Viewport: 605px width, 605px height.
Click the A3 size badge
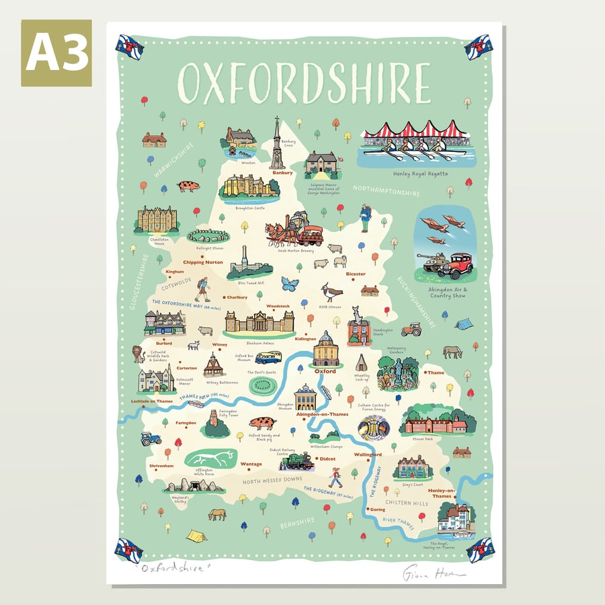click(x=56, y=52)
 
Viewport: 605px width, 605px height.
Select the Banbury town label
click(x=282, y=173)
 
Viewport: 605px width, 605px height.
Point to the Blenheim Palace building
click(x=259, y=323)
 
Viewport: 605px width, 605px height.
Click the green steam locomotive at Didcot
click(x=296, y=461)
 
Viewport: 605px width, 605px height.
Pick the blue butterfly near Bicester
click(x=290, y=284)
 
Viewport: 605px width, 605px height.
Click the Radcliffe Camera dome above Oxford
click(x=325, y=348)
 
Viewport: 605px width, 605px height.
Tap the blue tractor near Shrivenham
click(x=150, y=439)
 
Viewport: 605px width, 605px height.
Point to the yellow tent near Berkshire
click(x=196, y=536)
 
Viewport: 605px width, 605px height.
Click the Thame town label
click(x=436, y=372)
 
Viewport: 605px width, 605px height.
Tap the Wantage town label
click(x=251, y=464)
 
